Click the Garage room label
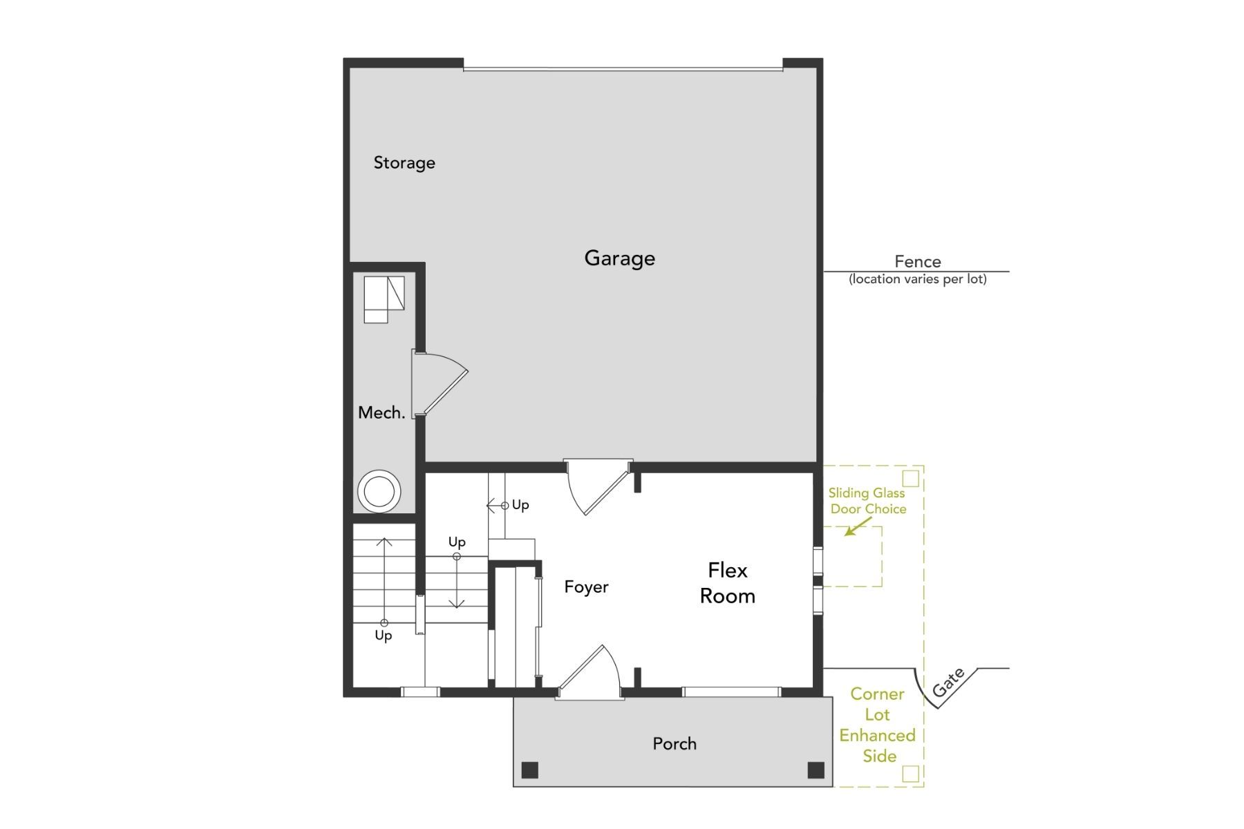click(619, 258)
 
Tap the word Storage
click(404, 163)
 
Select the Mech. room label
click(381, 413)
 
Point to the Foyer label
click(586, 587)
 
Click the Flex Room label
click(727, 583)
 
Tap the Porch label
click(675, 744)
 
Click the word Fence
click(917, 262)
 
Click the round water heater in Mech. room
click(379, 492)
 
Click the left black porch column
click(530, 770)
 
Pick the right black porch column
click(816, 770)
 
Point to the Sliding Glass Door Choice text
click(867, 501)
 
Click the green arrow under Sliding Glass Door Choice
click(857, 528)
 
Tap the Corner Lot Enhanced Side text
click(878, 725)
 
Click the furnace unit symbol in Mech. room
click(384, 298)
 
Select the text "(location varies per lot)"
click(917, 279)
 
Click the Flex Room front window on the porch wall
click(731, 692)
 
